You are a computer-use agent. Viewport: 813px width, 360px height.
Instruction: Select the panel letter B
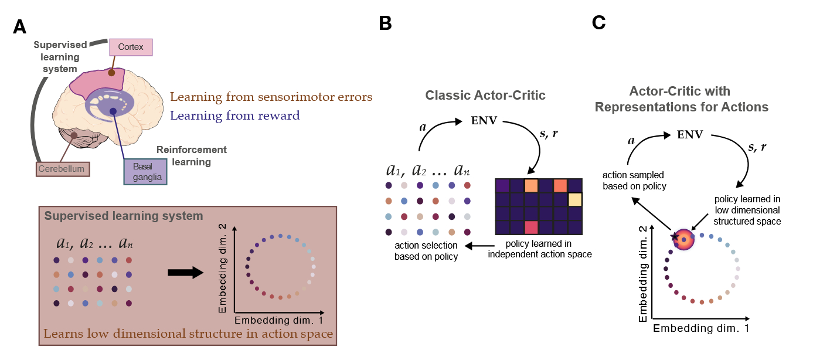click(385, 23)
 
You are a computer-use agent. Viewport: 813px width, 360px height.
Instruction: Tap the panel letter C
click(598, 23)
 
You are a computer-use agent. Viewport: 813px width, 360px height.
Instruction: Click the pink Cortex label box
click(131, 47)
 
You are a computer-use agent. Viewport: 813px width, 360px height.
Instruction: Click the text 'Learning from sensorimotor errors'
click(271, 97)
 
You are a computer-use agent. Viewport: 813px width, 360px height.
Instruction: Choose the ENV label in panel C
click(689, 135)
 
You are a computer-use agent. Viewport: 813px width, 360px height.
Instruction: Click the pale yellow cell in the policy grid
click(574, 199)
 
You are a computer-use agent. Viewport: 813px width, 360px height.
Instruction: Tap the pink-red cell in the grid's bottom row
click(532, 227)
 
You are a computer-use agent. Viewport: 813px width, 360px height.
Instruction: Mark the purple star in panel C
click(675, 236)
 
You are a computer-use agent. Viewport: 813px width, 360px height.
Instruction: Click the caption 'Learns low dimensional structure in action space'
click(188, 334)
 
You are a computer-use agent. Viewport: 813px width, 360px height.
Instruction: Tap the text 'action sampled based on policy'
click(636, 181)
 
